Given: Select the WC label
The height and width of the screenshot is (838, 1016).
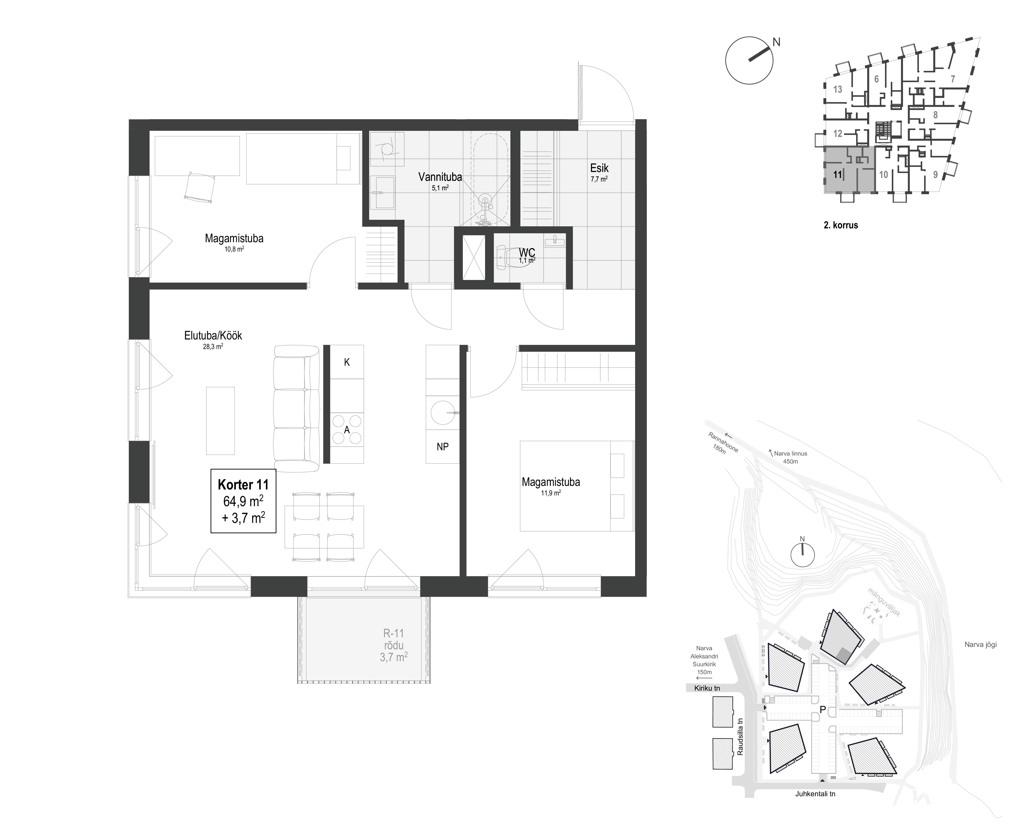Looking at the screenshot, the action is tap(527, 252).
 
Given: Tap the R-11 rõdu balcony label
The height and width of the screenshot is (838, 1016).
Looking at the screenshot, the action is tap(394, 645).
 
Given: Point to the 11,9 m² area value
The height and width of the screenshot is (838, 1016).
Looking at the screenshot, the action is tap(551, 493).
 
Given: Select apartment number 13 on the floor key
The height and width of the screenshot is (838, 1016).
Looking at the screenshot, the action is tap(838, 89).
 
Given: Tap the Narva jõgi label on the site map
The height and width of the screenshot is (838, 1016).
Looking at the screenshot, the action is tap(981, 645).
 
